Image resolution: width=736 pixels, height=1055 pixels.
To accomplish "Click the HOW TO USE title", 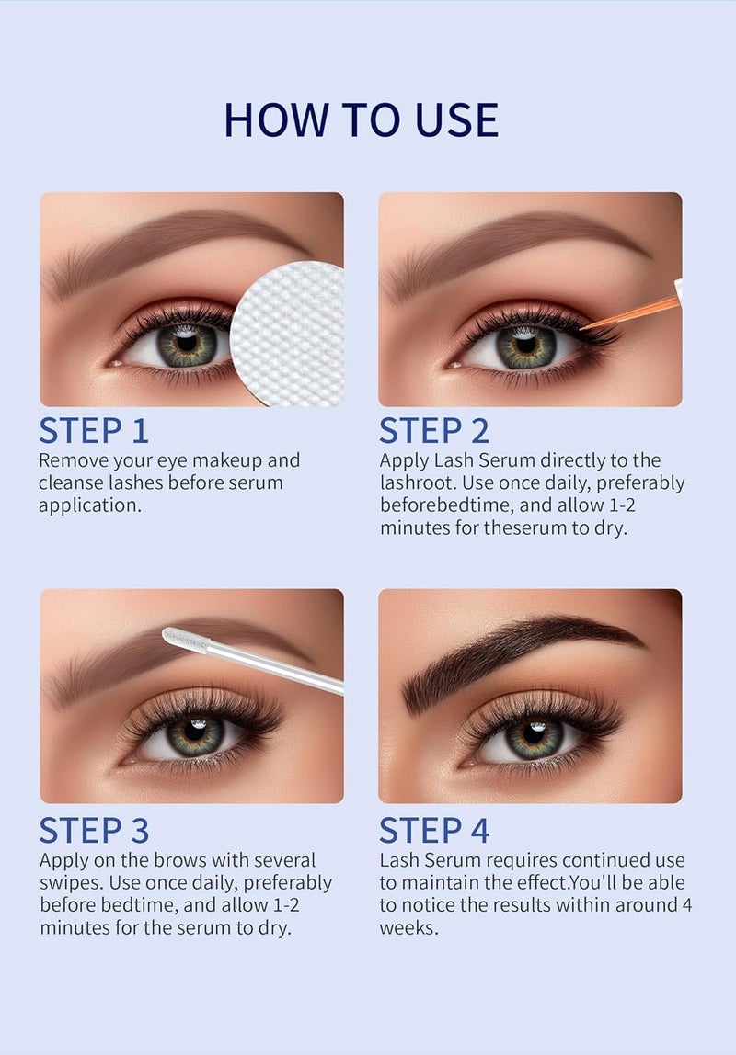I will click(361, 119).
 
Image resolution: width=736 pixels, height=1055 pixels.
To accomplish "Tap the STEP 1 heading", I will click(93, 430).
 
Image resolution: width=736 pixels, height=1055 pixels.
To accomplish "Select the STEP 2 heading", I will click(434, 430).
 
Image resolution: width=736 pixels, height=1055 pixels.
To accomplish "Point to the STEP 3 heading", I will click(93, 830).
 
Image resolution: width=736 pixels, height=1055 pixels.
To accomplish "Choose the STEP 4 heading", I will click(434, 830).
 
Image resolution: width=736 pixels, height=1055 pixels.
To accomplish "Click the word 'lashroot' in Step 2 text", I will click(413, 482).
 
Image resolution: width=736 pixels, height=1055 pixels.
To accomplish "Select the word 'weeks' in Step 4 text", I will click(408, 928).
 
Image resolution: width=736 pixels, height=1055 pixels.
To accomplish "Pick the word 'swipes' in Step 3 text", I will click(71, 883).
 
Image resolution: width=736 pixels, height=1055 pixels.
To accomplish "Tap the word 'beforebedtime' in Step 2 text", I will click(439, 505).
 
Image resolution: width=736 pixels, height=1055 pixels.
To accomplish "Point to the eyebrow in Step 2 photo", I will click(515, 244).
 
